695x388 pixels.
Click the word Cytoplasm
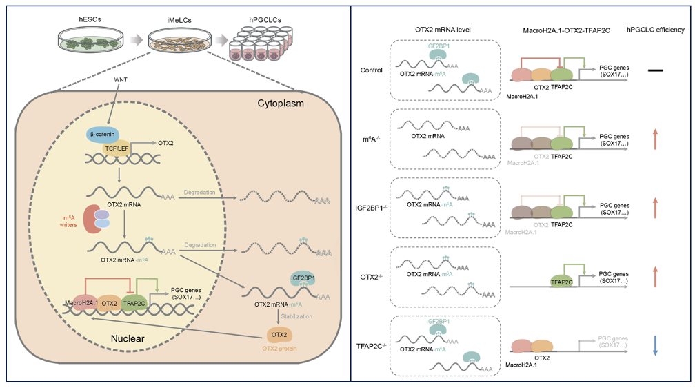pyautogui.click(x=279, y=104)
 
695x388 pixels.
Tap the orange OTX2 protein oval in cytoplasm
pyautogui.click(x=279, y=335)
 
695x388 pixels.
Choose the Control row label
pyautogui.click(x=371, y=70)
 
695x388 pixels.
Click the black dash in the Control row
pyautogui.click(x=655, y=70)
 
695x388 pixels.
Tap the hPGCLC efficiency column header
pyautogui.click(x=654, y=30)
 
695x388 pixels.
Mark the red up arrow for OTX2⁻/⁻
pyautogui.click(x=655, y=275)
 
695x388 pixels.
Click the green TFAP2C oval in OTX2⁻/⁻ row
pyautogui.click(x=563, y=282)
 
